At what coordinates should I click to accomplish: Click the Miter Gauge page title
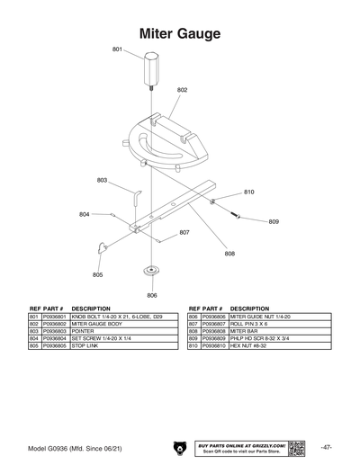pyautogui.click(x=179, y=33)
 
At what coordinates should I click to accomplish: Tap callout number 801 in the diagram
pyautogui.click(x=117, y=49)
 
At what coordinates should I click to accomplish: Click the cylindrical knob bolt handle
pyautogui.click(x=148, y=68)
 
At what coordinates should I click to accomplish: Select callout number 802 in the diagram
pyautogui.click(x=183, y=90)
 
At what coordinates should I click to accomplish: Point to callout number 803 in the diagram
pyautogui.click(x=103, y=181)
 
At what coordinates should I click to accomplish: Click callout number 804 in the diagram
pyautogui.click(x=84, y=214)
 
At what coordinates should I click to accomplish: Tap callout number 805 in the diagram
pyautogui.click(x=97, y=274)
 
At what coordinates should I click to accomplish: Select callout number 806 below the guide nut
pyautogui.click(x=152, y=295)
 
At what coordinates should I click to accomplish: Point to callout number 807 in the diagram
pyautogui.click(x=184, y=232)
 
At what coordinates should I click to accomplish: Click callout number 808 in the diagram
pyautogui.click(x=229, y=254)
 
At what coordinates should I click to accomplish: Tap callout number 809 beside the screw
pyautogui.click(x=274, y=221)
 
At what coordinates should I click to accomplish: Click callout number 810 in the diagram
pyautogui.click(x=249, y=192)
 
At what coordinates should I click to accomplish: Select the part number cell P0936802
pyautogui.click(x=55, y=324)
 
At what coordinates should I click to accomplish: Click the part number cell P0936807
pyautogui.click(x=213, y=324)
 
